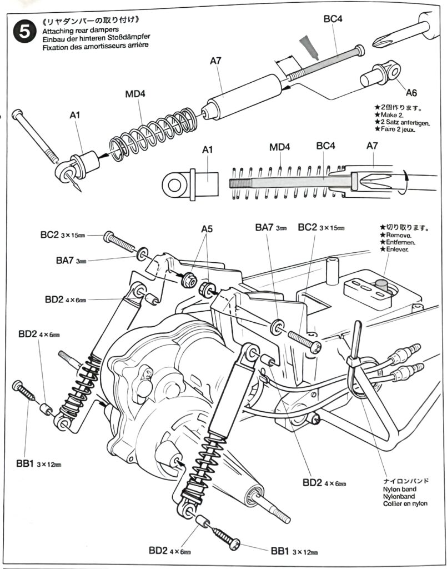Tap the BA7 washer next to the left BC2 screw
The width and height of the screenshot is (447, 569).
(143, 254)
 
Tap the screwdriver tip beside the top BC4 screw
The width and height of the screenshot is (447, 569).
(380, 42)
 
